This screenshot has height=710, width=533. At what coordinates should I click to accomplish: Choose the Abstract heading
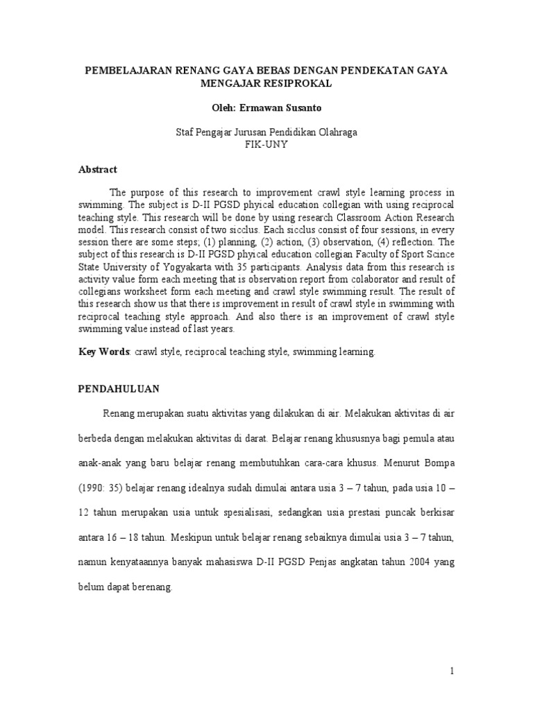point(97,170)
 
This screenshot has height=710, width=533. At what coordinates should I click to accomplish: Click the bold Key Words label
point(103,352)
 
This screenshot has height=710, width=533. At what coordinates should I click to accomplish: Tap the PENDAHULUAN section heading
point(119,390)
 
